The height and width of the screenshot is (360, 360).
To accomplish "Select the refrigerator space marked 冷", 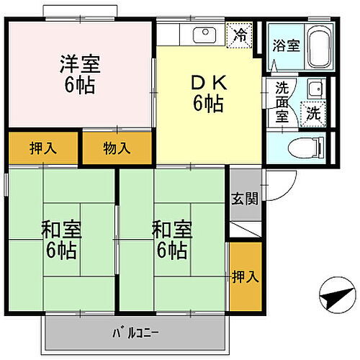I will [239, 34].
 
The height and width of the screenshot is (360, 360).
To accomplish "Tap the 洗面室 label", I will [282, 101].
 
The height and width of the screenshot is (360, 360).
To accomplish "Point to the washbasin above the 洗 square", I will [315, 90].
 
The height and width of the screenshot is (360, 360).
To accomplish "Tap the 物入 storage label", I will [117, 149].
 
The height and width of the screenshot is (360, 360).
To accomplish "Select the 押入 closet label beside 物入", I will [43, 149].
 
